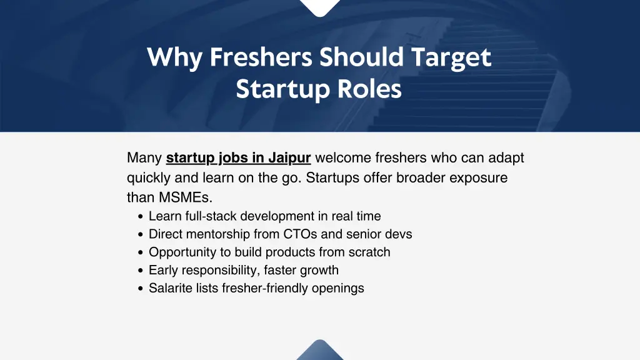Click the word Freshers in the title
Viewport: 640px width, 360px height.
(261, 58)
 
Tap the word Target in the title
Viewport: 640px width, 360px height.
(451, 58)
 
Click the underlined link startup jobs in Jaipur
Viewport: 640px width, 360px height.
(238, 157)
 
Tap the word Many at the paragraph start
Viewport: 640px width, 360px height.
(144, 157)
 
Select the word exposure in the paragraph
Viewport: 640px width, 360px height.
(478, 177)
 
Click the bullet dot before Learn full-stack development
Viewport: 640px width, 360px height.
(141, 217)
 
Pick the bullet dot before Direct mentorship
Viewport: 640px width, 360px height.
(141, 235)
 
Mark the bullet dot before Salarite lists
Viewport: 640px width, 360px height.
(141, 289)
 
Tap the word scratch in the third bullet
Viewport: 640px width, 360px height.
(369, 252)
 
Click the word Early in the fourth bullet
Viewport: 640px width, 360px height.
(163, 271)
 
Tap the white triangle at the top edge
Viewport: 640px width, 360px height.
(319, 6)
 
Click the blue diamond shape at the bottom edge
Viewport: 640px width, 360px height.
(319, 351)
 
